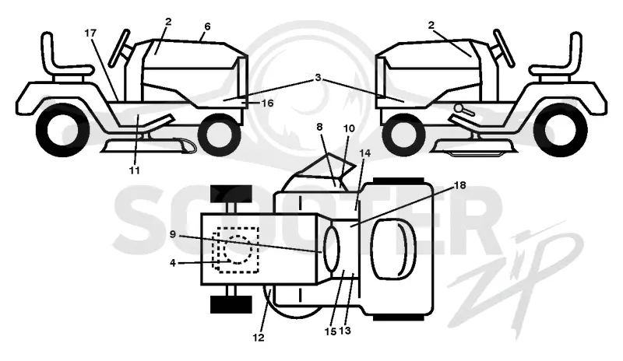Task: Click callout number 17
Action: point(90,33)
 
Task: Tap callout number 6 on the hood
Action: point(207,26)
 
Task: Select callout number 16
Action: point(268,103)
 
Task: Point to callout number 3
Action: point(318,78)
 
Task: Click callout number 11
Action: point(134,170)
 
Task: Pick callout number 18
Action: point(459,185)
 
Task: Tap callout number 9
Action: point(172,234)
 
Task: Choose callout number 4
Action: point(172,263)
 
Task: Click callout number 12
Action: point(259,338)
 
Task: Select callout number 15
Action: point(330,331)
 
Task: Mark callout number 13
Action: point(345,331)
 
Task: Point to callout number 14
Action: point(364,153)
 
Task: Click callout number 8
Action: point(319,127)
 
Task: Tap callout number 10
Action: point(349,128)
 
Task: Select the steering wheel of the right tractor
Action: point(503,47)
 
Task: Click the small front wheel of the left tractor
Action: point(220,135)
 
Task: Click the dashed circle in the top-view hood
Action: point(238,249)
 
